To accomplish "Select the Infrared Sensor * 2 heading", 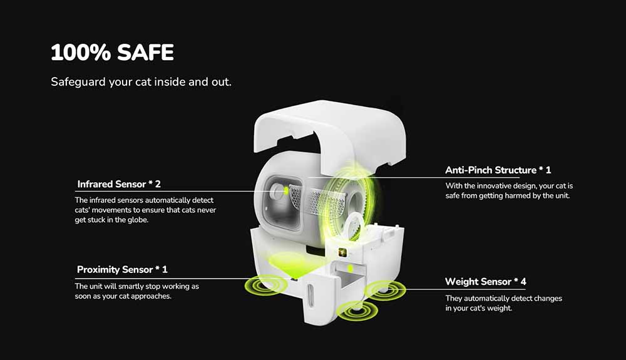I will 119,184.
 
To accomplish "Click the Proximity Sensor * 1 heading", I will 122,270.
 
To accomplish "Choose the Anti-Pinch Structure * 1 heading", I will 498,170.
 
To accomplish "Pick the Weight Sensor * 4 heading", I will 486,282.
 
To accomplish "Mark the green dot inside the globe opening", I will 285,189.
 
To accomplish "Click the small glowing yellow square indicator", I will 342,252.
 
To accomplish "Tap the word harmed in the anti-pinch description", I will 528,196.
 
